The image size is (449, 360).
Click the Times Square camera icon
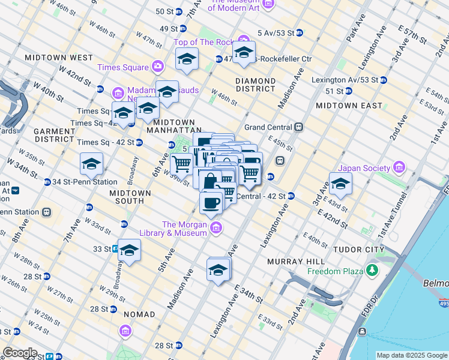(x=158, y=67)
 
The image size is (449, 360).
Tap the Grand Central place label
(x=268, y=127)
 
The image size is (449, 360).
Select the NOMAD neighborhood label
(x=139, y=314)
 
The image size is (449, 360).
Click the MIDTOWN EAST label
(x=349, y=106)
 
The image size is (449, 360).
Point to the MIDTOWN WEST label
(x=59, y=58)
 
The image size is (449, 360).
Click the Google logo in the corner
(x=20, y=353)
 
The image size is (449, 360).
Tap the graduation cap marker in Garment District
(x=91, y=164)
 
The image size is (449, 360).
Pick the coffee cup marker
(x=211, y=202)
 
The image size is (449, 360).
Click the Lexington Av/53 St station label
(x=345, y=79)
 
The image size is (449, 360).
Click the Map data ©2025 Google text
(x=411, y=355)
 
